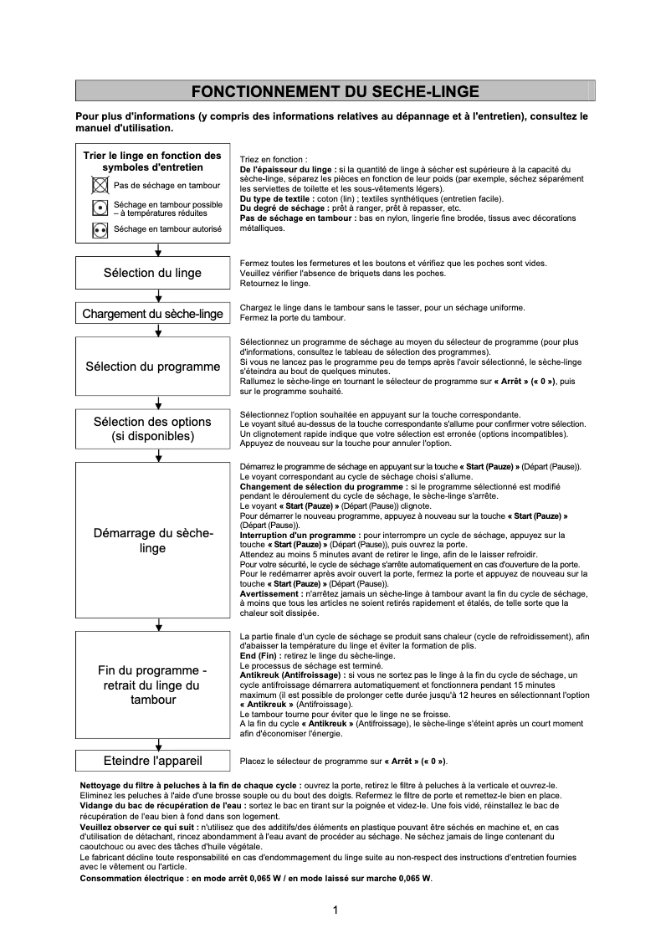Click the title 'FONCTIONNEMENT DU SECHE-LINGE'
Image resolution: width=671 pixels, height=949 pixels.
coord(335,90)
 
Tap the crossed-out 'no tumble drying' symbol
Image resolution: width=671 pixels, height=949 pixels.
coord(100,185)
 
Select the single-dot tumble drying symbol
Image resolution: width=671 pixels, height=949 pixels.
coord(100,207)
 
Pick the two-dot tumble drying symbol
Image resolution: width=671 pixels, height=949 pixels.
coord(100,228)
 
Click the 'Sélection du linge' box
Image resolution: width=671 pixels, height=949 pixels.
coord(152,273)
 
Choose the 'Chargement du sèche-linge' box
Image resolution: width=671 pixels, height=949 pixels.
coord(152,314)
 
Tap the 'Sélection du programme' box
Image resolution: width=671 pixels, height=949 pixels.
coord(152,367)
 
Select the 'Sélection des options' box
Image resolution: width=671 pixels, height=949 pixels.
coord(152,428)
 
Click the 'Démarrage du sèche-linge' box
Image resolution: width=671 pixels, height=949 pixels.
coord(152,541)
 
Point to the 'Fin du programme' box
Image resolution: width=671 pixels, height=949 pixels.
coord(152,685)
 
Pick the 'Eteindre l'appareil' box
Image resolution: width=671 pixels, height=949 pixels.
coord(152,761)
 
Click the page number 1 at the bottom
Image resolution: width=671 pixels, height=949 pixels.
coord(335,911)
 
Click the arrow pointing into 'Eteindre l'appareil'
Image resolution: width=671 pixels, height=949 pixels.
coord(158,745)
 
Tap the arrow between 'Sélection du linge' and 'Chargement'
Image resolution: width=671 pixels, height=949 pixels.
coord(158,297)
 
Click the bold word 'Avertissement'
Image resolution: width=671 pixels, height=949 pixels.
coord(274,592)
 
